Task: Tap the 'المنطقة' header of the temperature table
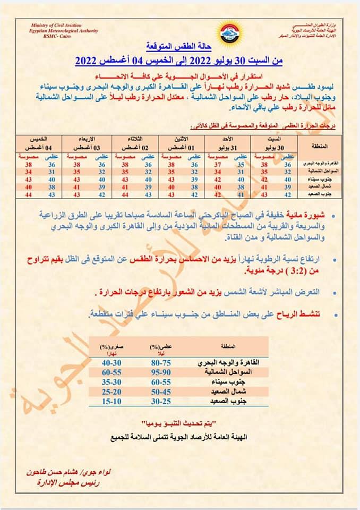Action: [318, 145]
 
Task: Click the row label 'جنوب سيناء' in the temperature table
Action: [316, 180]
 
